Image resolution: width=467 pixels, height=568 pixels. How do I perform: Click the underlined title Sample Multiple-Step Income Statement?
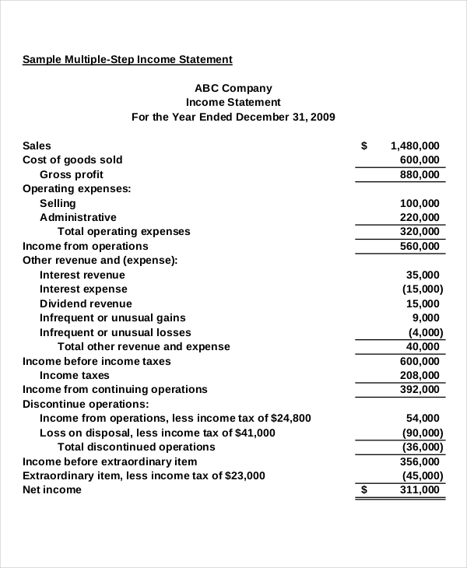127,59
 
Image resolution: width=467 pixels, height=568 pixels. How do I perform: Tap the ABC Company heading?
233,89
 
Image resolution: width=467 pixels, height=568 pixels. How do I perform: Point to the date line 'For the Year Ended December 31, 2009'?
233,117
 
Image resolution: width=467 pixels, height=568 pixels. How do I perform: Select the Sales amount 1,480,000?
415,146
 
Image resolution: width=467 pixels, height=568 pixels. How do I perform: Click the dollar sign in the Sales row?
365,146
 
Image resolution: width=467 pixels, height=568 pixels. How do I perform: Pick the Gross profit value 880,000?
420,174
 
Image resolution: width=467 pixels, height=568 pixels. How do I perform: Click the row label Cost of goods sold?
72,160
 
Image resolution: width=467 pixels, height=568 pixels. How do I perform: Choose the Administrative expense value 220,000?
420,217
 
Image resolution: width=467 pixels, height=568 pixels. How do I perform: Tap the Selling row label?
58,203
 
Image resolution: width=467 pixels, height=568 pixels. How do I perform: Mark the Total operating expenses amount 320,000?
420,232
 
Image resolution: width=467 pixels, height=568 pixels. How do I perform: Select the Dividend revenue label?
86,303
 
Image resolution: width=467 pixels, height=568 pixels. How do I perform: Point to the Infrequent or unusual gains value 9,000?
425,317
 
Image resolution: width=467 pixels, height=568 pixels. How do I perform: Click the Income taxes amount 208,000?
420,375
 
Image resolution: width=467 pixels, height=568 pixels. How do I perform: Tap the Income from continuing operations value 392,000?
420,389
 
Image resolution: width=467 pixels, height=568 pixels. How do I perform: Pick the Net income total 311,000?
420,489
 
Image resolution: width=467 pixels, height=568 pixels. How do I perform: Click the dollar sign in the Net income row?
365,489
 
